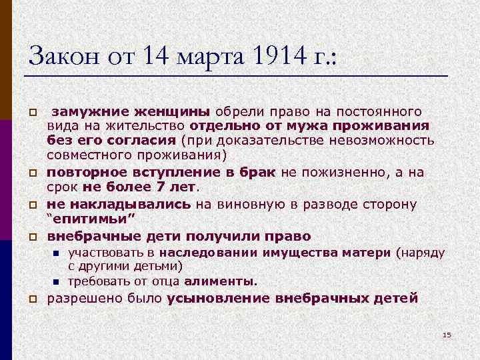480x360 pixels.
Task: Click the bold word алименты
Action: [221, 281]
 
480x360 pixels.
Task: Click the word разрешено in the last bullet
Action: [75, 298]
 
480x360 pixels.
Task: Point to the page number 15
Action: [447, 335]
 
